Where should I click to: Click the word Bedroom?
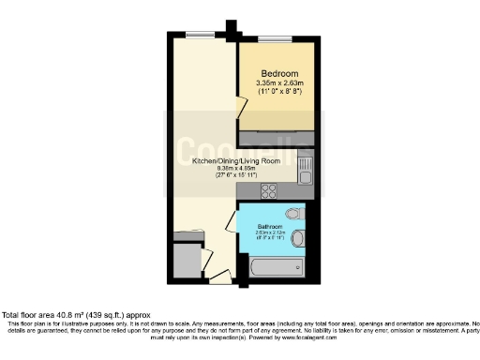(279, 74)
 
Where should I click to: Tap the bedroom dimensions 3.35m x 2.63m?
(279, 83)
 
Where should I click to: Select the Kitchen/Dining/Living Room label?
(236, 161)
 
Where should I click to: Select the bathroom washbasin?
(299, 235)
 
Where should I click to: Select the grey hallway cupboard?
(188, 259)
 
